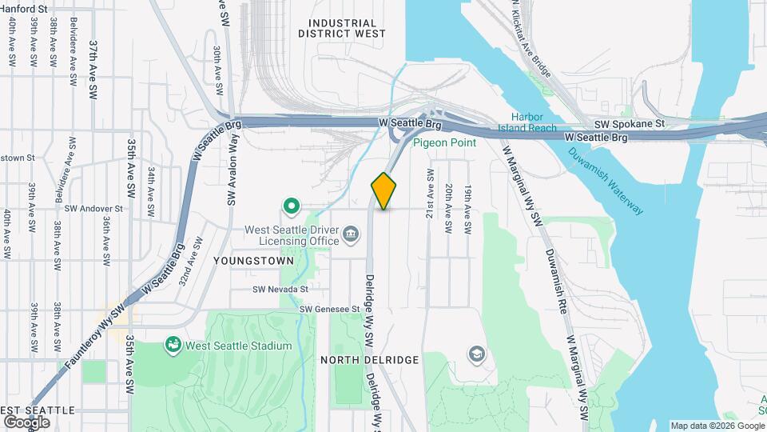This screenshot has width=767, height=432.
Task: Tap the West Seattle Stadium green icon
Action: tap(172, 345)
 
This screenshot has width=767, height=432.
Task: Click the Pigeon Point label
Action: tap(445, 142)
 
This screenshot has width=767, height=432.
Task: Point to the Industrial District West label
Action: tap(342, 29)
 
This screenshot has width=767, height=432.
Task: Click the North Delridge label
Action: tap(370, 360)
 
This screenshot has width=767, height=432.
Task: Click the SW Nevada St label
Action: tap(280, 290)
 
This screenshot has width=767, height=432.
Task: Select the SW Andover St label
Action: tap(93, 208)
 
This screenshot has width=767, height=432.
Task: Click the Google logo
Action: tap(26, 422)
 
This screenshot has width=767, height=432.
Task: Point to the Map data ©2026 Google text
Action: tap(717, 426)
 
